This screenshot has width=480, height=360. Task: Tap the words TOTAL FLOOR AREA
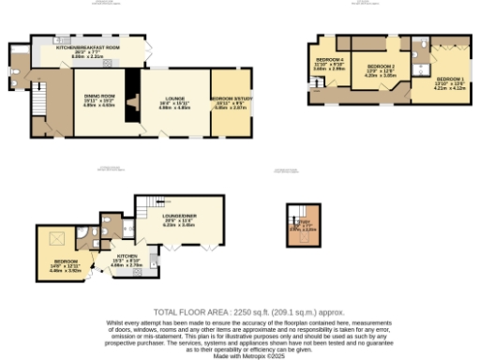[187, 311]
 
